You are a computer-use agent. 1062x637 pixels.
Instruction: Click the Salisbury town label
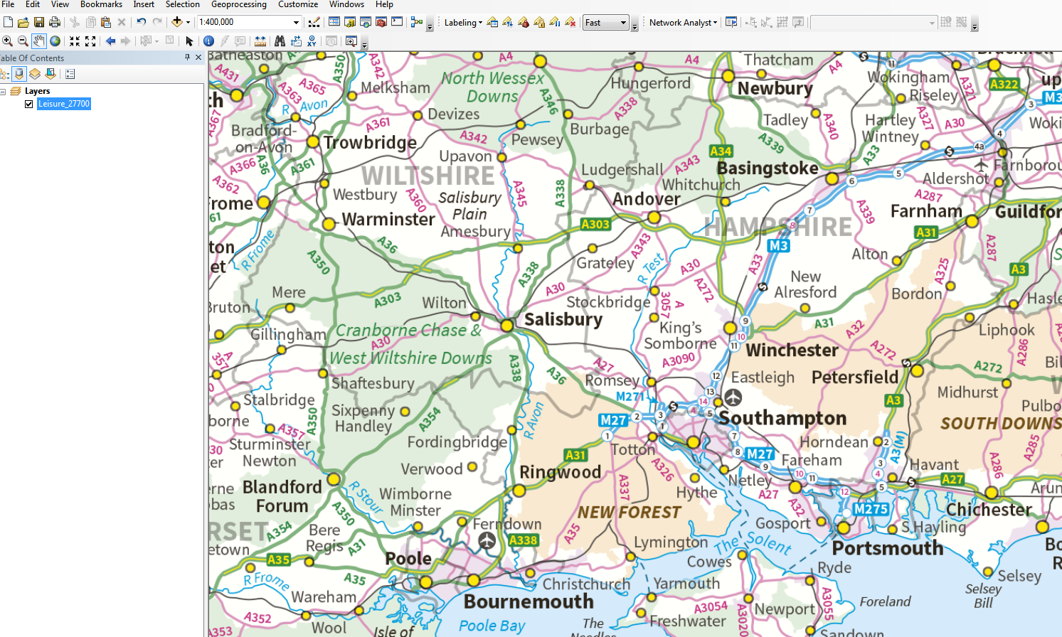[x=563, y=319]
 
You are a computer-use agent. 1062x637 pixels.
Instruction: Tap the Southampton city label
[x=782, y=418]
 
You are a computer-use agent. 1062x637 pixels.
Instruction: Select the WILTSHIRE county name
[x=428, y=176]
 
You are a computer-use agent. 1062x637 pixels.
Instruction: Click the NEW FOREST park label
[x=629, y=512]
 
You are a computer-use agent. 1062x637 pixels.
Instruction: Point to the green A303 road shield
[x=595, y=224]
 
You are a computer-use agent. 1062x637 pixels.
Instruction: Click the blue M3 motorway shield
[x=778, y=245]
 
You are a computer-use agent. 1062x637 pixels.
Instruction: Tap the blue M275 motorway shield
[x=871, y=509]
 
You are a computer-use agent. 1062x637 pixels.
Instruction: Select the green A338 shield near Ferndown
[x=523, y=540]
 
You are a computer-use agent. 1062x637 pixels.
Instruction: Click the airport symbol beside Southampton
[x=733, y=397]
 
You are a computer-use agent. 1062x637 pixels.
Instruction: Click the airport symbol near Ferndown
[x=487, y=540]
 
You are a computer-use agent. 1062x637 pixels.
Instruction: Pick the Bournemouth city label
[x=529, y=601]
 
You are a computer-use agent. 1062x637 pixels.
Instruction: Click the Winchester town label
[x=792, y=350]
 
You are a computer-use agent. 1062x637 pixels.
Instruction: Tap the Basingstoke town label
[x=768, y=168]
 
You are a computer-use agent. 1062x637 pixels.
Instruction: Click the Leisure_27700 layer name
[x=64, y=104]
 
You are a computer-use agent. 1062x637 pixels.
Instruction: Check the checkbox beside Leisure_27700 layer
[x=29, y=104]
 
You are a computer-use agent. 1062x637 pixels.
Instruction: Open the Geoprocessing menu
[x=238, y=4]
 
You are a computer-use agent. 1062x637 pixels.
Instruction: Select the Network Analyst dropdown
[x=682, y=23]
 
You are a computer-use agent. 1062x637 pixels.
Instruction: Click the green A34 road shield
[x=721, y=151]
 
